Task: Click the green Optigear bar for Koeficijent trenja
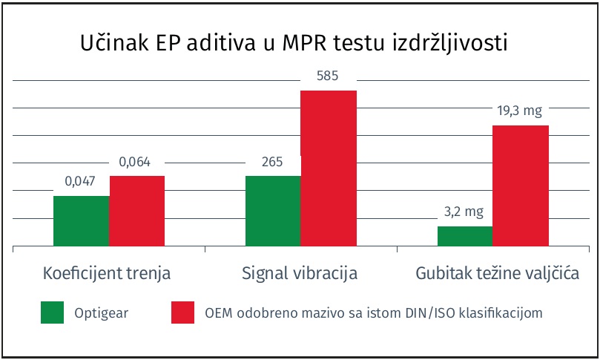pyautogui.click(x=82, y=220)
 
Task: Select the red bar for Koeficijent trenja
pyautogui.click(x=137, y=211)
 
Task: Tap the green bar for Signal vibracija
pyautogui.click(x=272, y=211)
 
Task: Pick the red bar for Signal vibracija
pyautogui.click(x=329, y=168)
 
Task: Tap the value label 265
pyautogui.click(x=272, y=161)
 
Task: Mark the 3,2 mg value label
pyautogui.click(x=464, y=212)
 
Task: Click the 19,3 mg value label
pyautogui.click(x=519, y=111)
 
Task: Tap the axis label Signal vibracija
pyautogui.click(x=300, y=272)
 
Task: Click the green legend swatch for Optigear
pyautogui.click(x=52, y=312)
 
